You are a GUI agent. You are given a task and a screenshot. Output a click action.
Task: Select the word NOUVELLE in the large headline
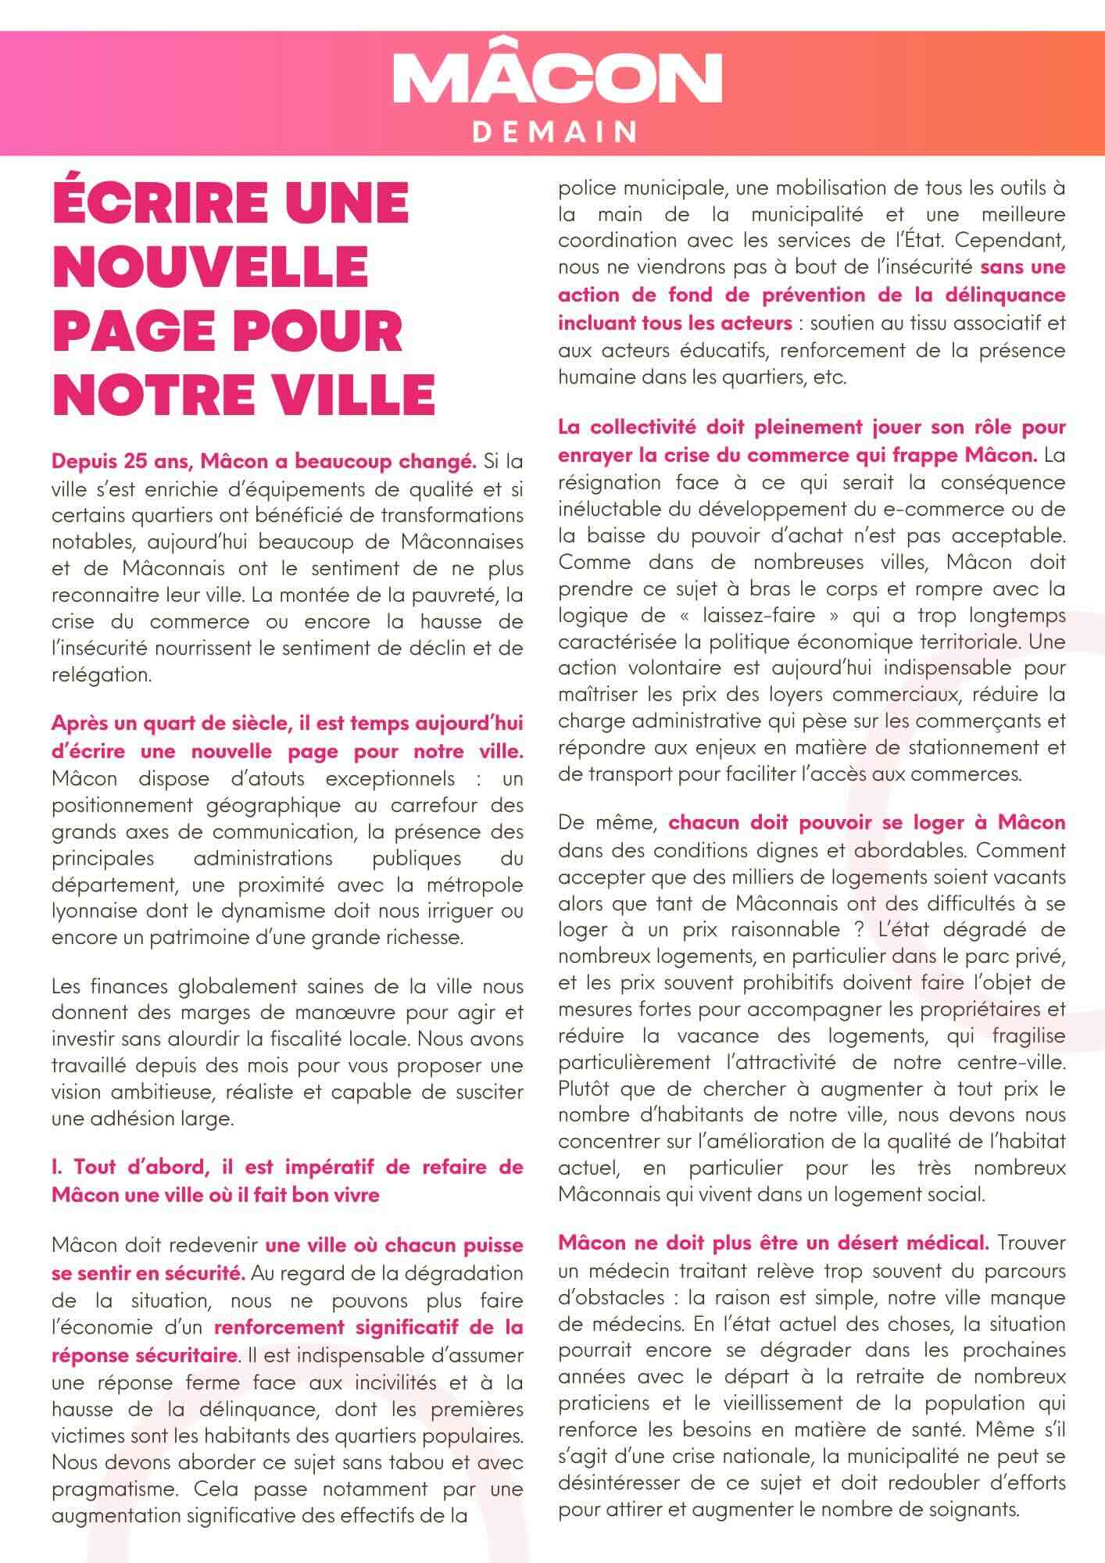tap(210, 266)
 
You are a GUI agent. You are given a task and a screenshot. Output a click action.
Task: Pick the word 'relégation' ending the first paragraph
tap(101, 674)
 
